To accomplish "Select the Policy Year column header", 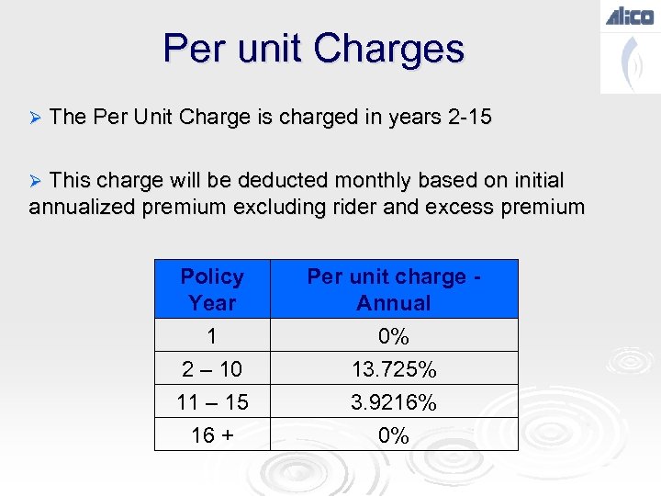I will [x=212, y=289].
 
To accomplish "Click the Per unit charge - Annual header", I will [x=394, y=289].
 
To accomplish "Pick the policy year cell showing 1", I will [x=212, y=336].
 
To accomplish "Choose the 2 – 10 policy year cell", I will [x=212, y=369].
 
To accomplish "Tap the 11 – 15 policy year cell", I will [x=212, y=402].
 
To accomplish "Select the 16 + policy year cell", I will [x=212, y=435].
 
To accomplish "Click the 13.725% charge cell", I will [x=394, y=369].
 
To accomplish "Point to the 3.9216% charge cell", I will [x=394, y=402].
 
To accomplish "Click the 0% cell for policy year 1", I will [x=394, y=336].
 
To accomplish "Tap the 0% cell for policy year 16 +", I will [x=394, y=435].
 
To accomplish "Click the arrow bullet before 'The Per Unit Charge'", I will [x=36, y=118].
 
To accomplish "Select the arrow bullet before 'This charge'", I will [x=36, y=180].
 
